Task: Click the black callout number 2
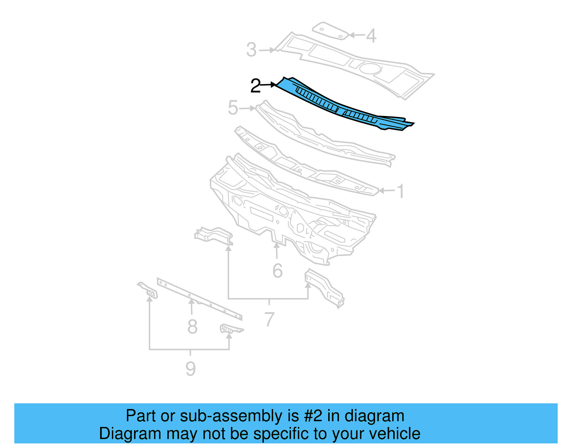click(256, 86)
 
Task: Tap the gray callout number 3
click(252, 50)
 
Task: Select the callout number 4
click(371, 35)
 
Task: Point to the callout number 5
click(233, 108)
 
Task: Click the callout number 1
click(401, 191)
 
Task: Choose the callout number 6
click(277, 271)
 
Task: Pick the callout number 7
click(270, 319)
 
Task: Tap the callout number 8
click(192, 326)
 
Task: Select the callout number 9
click(191, 369)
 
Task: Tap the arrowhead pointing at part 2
click(274, 85)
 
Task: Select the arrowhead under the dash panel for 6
click(276, 246)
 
